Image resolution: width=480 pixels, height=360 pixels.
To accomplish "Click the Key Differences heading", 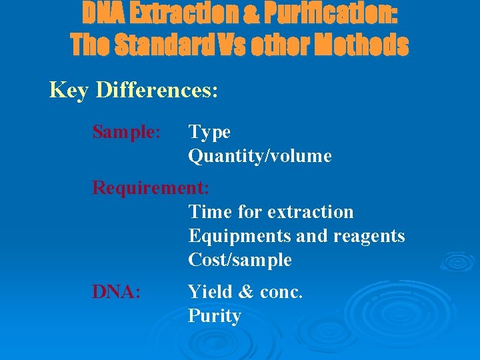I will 133,90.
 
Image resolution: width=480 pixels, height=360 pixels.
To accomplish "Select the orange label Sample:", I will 126,132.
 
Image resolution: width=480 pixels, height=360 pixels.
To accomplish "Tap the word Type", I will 209,133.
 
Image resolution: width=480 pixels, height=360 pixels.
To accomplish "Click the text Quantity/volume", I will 259,157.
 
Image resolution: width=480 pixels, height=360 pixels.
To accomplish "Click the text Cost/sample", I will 240,260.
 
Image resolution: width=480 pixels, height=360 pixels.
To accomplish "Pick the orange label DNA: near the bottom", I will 116,291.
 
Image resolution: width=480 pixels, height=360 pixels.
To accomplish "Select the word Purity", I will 214,315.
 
